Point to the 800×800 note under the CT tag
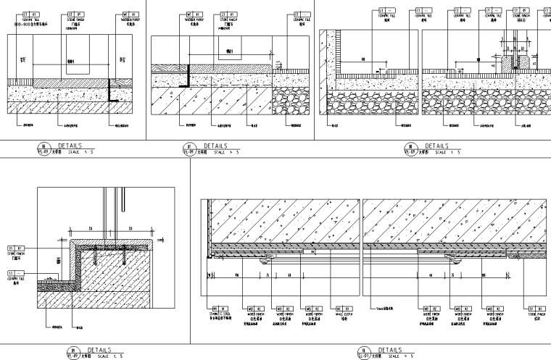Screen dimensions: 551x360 click(x=30, y=23)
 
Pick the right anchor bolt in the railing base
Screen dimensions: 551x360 click(x=124, y=255)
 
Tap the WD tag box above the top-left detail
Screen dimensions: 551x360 click(x=130, y=14)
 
